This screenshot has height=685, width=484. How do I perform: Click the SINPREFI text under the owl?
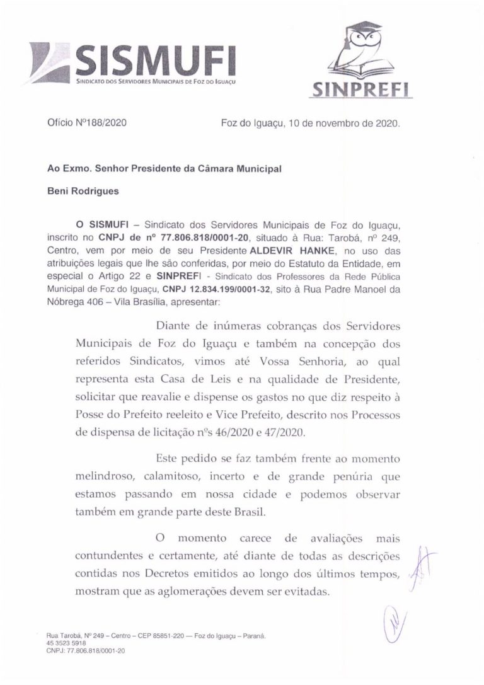pyautogui.click(x=362, y=90)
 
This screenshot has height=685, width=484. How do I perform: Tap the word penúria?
pyautogui.click(x=340, y=478)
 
